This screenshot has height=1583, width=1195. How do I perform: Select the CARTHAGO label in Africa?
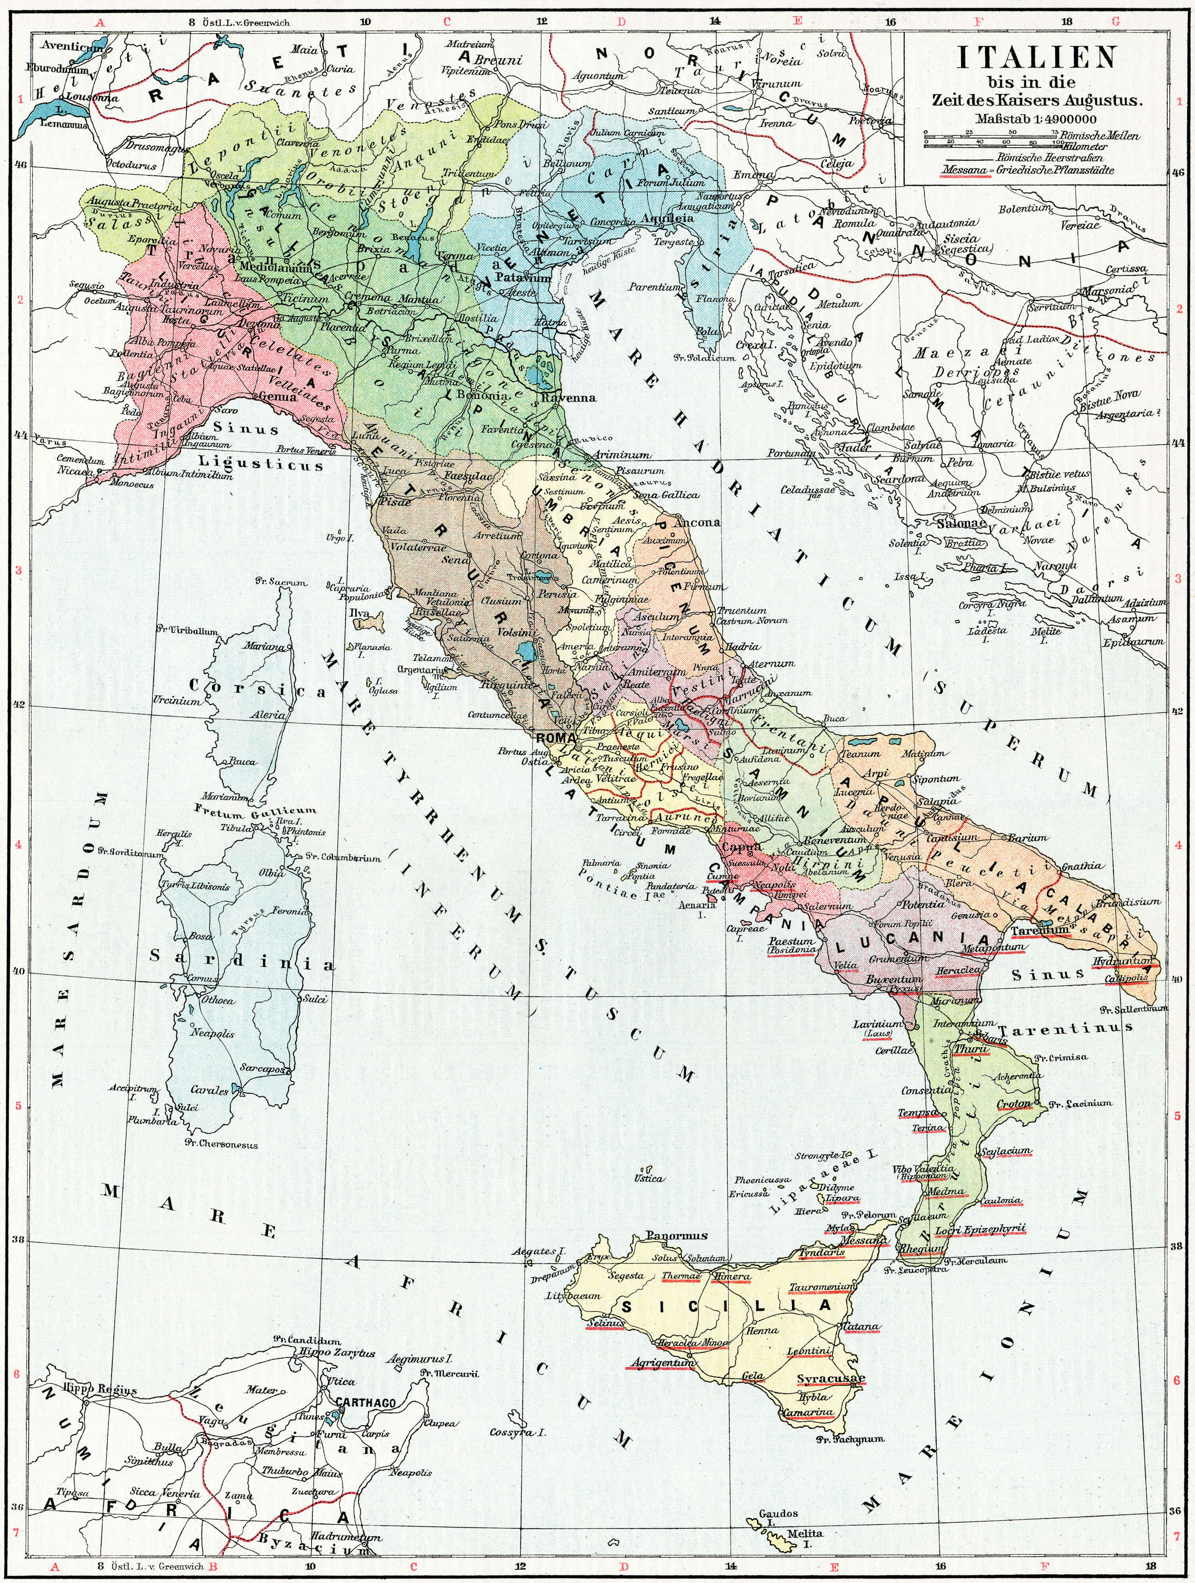(365, 1404)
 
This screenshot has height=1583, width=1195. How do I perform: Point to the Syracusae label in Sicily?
(831, 1378)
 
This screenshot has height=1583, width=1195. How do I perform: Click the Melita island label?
(805, 1534)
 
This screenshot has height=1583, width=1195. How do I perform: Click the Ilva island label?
(359, 613)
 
